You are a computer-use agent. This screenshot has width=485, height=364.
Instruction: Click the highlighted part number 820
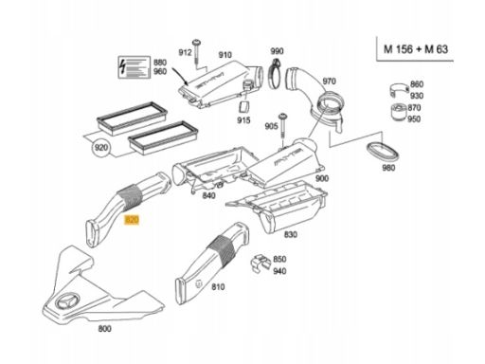132,219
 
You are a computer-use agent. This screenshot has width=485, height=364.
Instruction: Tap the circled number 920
101,147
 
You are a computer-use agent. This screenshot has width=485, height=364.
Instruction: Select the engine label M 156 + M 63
416,49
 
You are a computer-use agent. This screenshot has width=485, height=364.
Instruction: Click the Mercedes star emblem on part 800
66,301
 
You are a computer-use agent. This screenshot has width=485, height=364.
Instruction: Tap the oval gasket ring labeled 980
383,151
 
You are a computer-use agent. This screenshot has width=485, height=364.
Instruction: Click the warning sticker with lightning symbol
134,67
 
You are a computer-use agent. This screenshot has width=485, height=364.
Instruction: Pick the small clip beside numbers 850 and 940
260,263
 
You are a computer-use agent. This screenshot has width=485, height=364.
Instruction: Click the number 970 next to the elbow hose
329,82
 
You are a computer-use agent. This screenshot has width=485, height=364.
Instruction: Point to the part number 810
218,287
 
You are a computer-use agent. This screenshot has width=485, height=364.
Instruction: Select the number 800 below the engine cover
104,329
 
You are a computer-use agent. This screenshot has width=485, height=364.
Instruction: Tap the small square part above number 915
244,106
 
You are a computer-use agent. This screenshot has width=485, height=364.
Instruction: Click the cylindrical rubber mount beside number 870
399,112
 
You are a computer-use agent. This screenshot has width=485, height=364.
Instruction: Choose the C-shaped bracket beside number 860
399,90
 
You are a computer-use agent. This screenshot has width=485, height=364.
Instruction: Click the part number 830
291,234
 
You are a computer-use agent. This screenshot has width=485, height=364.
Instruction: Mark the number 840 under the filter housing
208,195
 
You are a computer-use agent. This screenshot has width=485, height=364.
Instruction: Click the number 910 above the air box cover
225,55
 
